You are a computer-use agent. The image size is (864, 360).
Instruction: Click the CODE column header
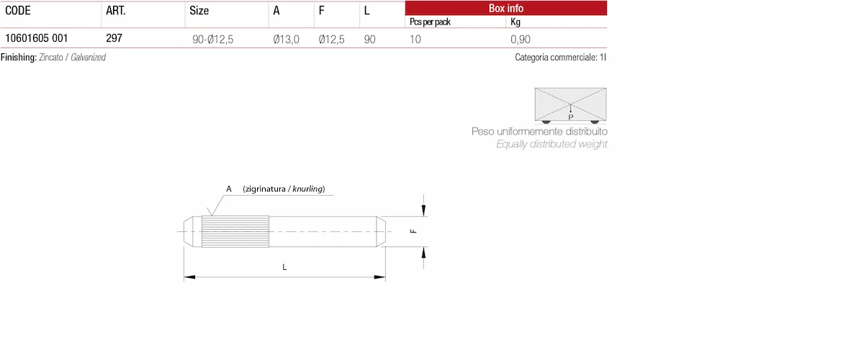[18, 10]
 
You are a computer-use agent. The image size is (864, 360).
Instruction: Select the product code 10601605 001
[36, 38]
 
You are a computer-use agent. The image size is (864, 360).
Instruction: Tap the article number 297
[114, 38]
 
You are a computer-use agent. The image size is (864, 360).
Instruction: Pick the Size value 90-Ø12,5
[212, 40]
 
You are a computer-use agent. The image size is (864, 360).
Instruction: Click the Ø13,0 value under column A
[286, 40]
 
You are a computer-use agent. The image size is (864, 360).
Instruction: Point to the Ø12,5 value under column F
[331, 40]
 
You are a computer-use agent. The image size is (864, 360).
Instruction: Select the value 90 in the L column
[369, 40]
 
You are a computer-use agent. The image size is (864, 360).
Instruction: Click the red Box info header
[505, 8]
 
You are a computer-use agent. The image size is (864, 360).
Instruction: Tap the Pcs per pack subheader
[430, 22]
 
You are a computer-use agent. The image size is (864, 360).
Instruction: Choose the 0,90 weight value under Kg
[521, 40]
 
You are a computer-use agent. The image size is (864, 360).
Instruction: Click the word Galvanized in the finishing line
[88, 58]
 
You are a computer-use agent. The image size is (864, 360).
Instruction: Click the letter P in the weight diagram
[570, 117]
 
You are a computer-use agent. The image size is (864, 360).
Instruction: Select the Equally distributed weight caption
[552, 144]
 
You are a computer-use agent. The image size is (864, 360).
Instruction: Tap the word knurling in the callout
[307, 189]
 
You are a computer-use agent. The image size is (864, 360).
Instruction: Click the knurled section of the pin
[235, 232]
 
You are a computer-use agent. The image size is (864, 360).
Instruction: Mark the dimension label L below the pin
[284, 267]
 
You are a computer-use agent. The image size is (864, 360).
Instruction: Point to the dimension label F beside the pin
[413, 231]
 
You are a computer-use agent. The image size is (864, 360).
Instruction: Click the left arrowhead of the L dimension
[189, 277]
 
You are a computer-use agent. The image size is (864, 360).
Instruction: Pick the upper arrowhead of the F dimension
[423, 211]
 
